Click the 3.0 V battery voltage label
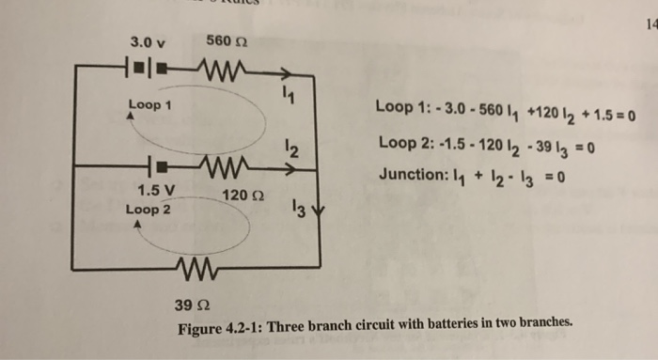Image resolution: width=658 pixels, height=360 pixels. pos(148,42)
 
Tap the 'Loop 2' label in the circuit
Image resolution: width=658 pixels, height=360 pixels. pos(149,210)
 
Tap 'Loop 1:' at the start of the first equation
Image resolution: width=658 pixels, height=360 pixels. pos(400,117)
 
